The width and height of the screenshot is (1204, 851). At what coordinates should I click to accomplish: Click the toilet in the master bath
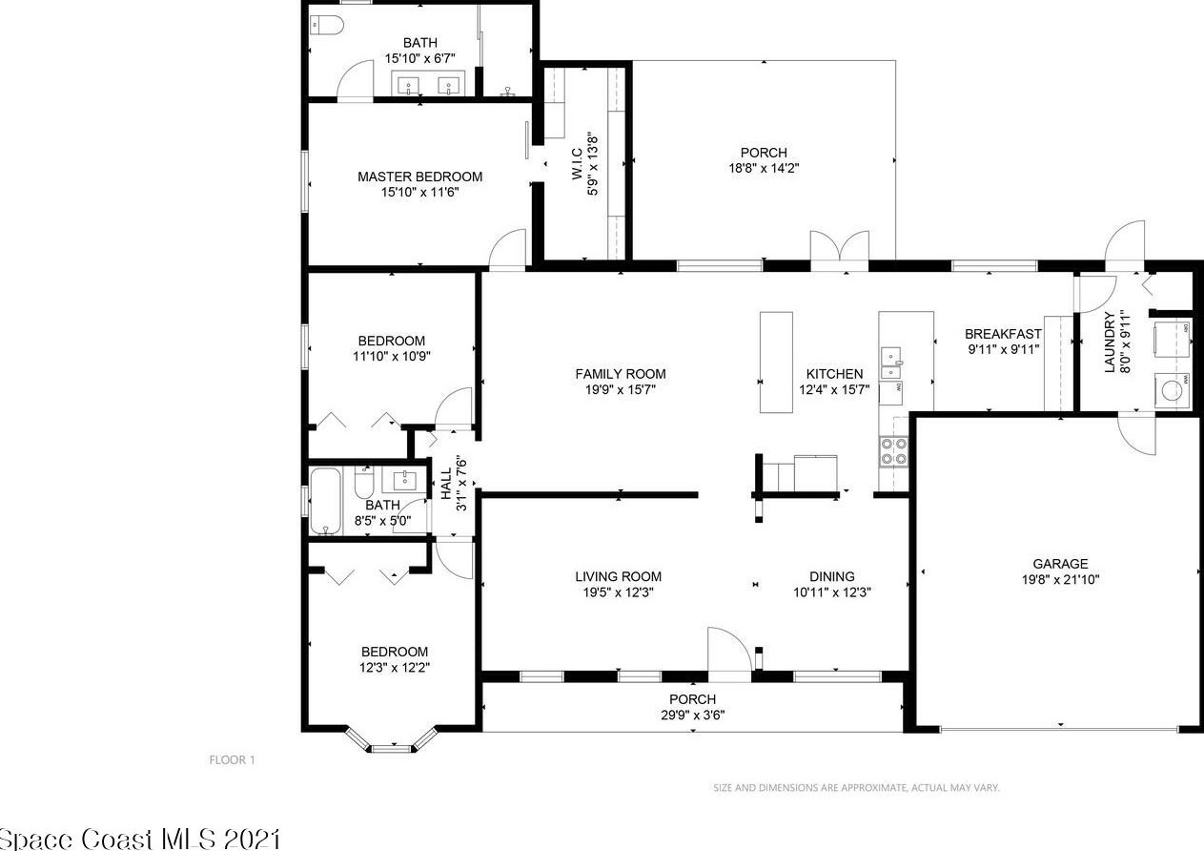click(x=327, y=25)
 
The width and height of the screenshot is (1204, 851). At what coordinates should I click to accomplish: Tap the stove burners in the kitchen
click(x=893, y=451)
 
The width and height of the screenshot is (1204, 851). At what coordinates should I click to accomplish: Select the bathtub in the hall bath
click(x=325, y=501)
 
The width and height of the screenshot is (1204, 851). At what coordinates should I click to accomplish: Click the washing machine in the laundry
click(x=1172, y=390)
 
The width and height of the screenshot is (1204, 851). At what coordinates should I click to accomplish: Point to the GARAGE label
click(x=1060, y=564)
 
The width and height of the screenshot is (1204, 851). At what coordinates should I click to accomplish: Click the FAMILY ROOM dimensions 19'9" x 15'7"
click(x=621, y=389)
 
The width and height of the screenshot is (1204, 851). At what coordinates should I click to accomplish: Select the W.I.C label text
click(x=578, y=163)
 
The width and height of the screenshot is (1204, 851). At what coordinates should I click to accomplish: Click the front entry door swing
click(x=729, y=650)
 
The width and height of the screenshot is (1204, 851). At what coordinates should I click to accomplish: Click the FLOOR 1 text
click(x=233, y=760)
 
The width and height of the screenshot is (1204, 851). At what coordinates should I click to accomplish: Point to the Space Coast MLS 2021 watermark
click(x=140, y=840)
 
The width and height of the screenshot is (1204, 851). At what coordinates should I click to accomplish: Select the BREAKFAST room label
click(x=1003, y=334)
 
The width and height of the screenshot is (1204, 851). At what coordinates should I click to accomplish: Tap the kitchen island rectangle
click(x=776, y=362)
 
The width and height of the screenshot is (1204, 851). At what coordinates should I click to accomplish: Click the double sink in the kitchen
click(x=891, y=363)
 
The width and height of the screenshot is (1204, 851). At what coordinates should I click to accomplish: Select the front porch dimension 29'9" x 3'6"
click(x=692, y=716)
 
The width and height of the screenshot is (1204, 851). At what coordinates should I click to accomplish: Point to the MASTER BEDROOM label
click(x=419, y=176)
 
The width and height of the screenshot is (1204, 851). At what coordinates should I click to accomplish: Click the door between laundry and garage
click(x=1136, y=433)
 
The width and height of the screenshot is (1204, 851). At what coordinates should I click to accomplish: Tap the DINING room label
click(x=832, y=576)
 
